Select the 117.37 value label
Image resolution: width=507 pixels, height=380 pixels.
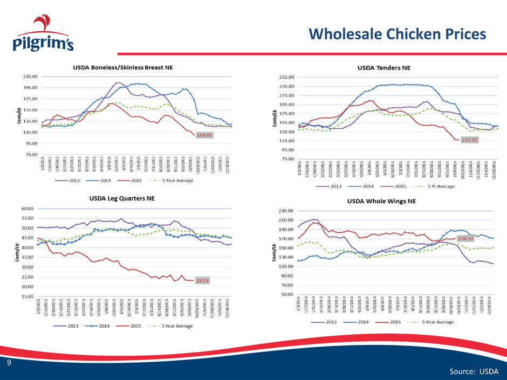(468, 140)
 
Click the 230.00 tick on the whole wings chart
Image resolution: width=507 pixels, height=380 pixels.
(285, 211)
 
